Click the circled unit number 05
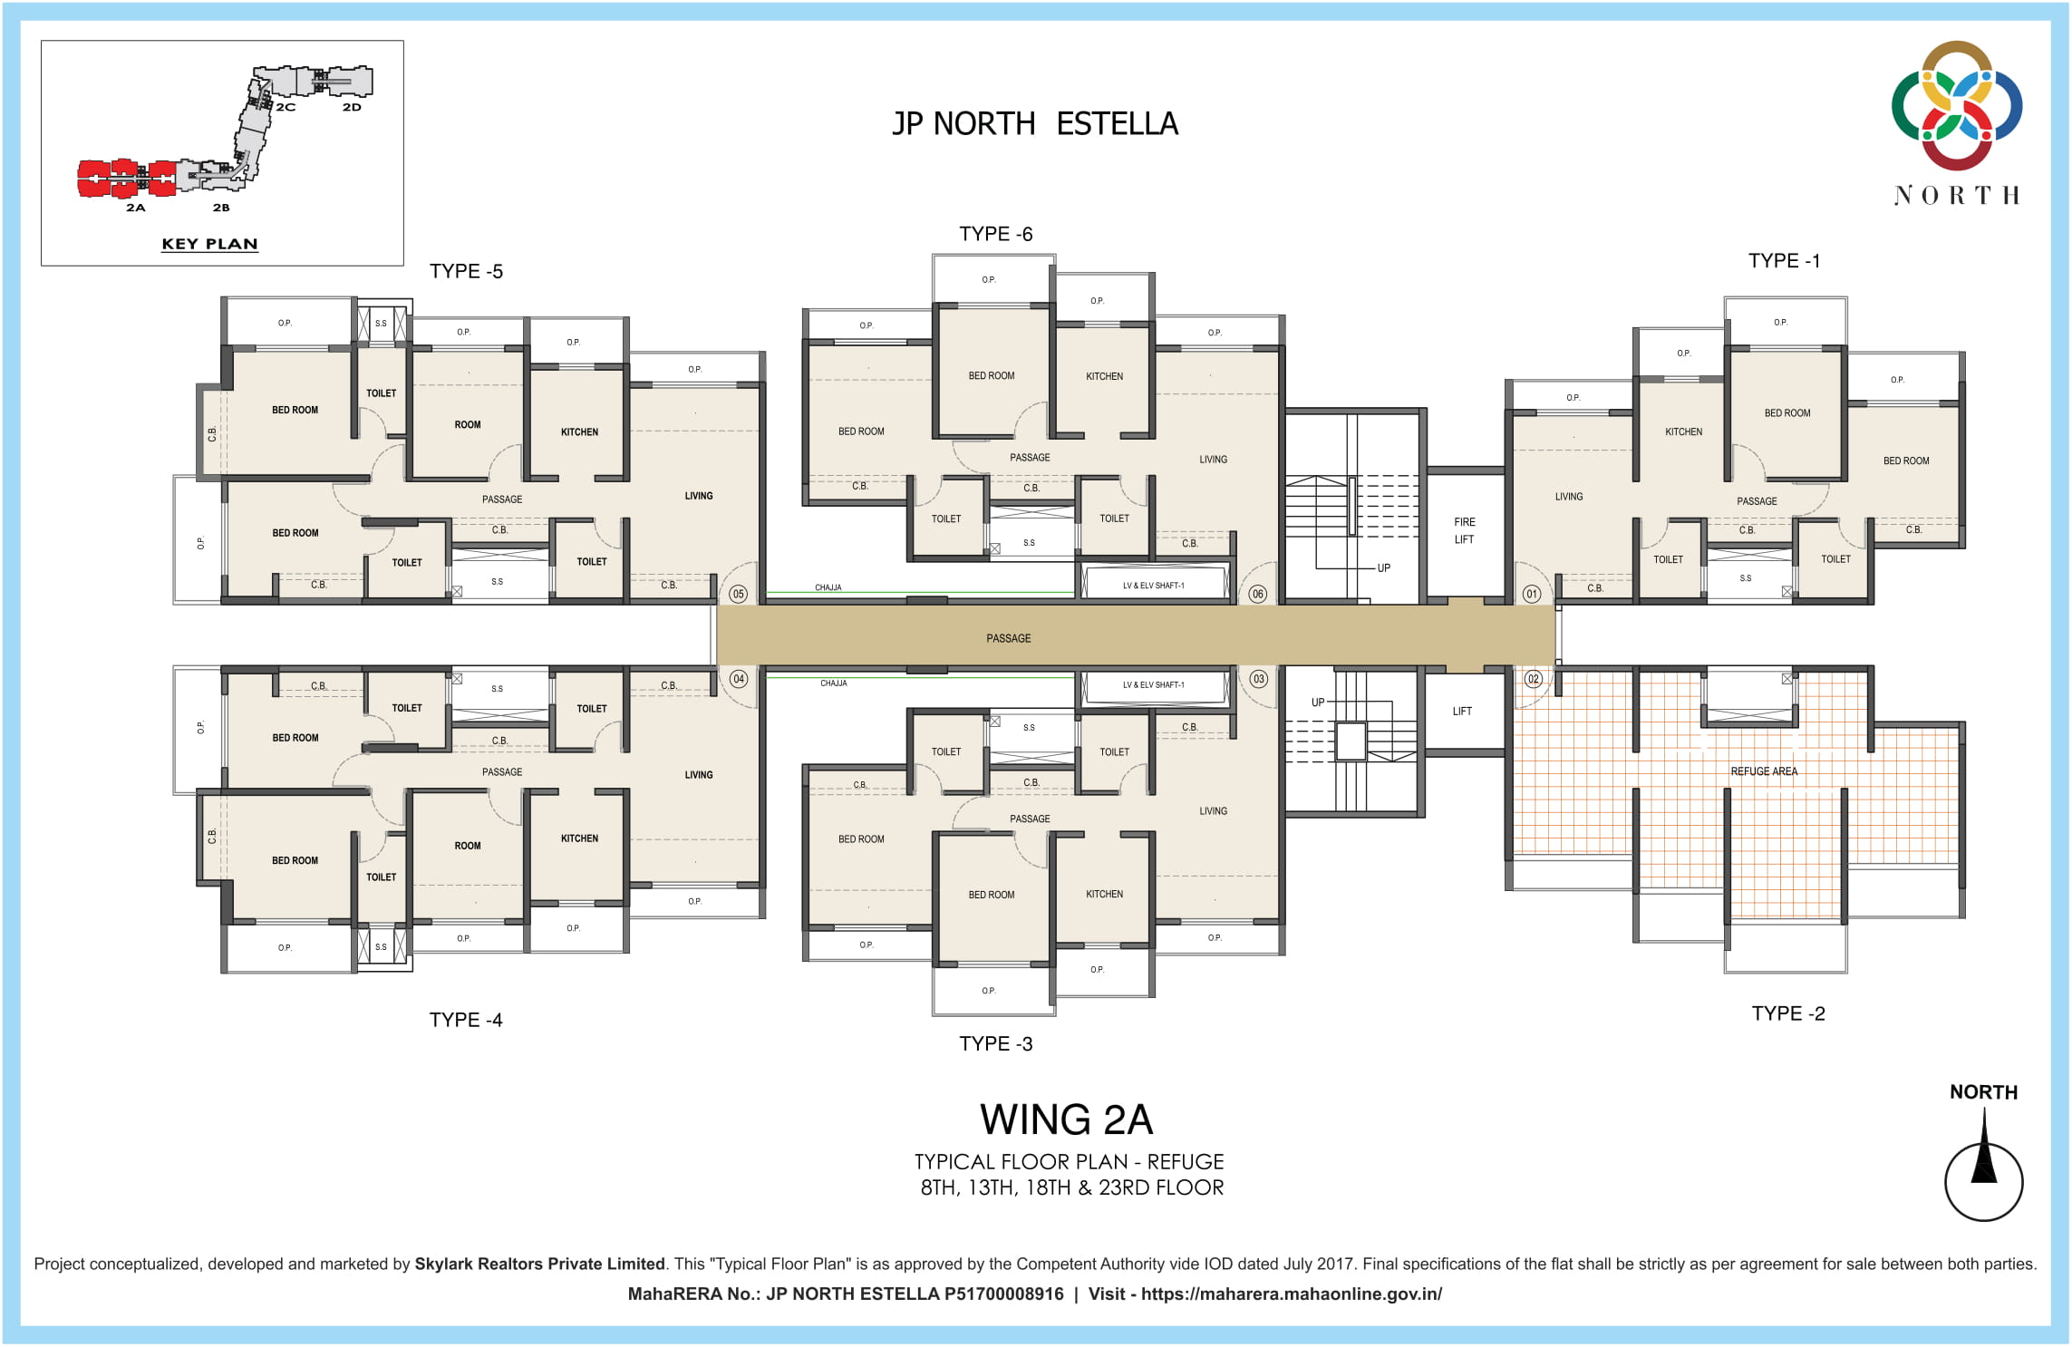tap(738, 595)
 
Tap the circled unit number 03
tap(1258, 679)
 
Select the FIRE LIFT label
tap(1464, 530)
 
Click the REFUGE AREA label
tap(1763, 771)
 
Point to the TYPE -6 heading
tap(995, 234)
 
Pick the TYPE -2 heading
tap(1787, 1013)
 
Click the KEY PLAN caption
tap(209, 244)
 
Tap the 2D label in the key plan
tap(352, 107)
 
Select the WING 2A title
tap(1066, 1119)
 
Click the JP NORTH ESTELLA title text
tap(1035, 123)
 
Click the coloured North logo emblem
tap(1956, 105)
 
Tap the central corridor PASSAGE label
tap(1008, 638)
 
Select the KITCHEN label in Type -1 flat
tap(1683, 431)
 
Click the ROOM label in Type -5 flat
tap(468, 424)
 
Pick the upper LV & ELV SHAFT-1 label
tap(1153, 586)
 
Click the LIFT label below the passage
tap(1462, 712)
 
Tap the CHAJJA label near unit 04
tap(833, 683)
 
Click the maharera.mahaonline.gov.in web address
tap(1291, 1294)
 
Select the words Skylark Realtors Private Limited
tap(539, 1264)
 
